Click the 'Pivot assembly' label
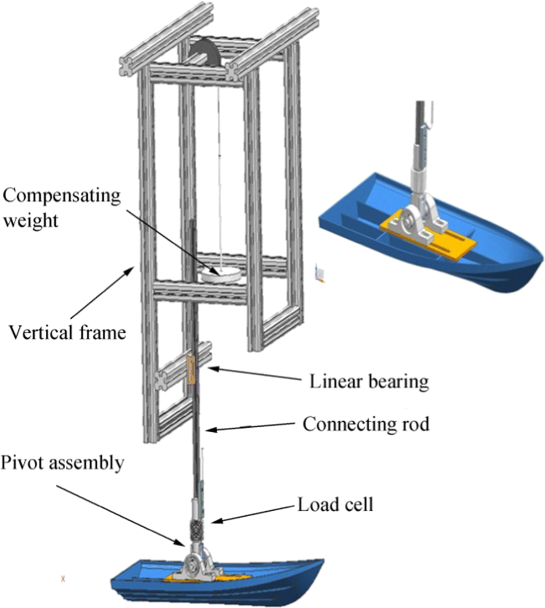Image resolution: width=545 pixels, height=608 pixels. coord(61,463)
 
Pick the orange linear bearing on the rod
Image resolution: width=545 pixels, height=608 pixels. coord(192,369)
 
